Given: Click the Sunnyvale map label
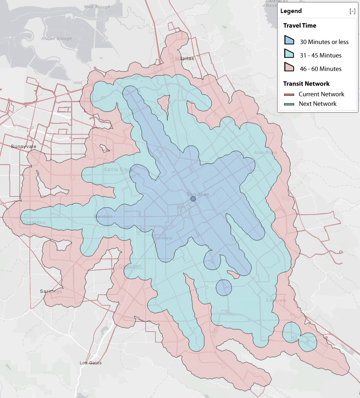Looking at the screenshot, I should coord(24,147).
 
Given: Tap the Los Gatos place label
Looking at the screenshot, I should coord(90,363).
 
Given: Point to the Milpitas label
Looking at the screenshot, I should coord(185,58).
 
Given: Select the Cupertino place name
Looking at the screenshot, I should coord(34,223).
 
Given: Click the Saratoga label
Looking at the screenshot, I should coord(51,292).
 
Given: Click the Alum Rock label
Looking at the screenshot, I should coord(265,152).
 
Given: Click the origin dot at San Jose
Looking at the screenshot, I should coord(193,199).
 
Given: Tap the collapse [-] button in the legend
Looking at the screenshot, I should coord(352,11).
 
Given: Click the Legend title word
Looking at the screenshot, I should coord(291,11).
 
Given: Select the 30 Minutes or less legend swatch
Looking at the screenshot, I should coord(290,41).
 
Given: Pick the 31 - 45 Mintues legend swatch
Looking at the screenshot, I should coord(290,55).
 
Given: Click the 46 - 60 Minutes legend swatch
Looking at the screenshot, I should coord(290,68).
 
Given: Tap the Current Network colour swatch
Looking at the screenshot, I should coord(290,94).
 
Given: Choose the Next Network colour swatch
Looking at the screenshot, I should coord(290,104).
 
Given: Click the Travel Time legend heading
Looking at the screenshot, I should coord(300,26).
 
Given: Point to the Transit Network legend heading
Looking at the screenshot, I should coord(306,84).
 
